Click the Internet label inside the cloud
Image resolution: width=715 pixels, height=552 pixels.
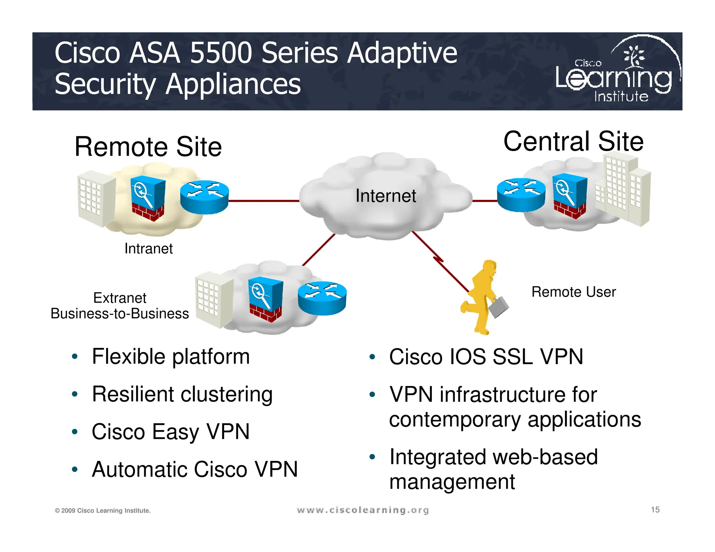click(385, 196)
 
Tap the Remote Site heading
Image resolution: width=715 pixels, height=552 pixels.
click(148, 147)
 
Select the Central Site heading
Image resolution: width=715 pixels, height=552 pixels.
click(573, 141)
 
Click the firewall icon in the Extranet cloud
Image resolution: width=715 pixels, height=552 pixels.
click(265, 299)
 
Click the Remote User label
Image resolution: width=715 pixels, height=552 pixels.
click(573, 292)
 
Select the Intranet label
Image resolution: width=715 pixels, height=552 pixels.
click(148, 249)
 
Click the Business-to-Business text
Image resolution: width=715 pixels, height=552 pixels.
click(119, 313)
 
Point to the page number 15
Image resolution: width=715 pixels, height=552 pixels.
click(655, 510)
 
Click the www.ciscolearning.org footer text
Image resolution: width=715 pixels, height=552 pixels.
click(362, 510)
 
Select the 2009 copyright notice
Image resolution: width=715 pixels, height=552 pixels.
click(103, 510)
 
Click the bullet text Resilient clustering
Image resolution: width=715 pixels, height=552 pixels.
click(182, 394)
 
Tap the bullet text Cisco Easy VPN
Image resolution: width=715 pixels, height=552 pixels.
click(170, 432)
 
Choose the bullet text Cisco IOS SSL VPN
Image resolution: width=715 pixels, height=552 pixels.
click(486, 357)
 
